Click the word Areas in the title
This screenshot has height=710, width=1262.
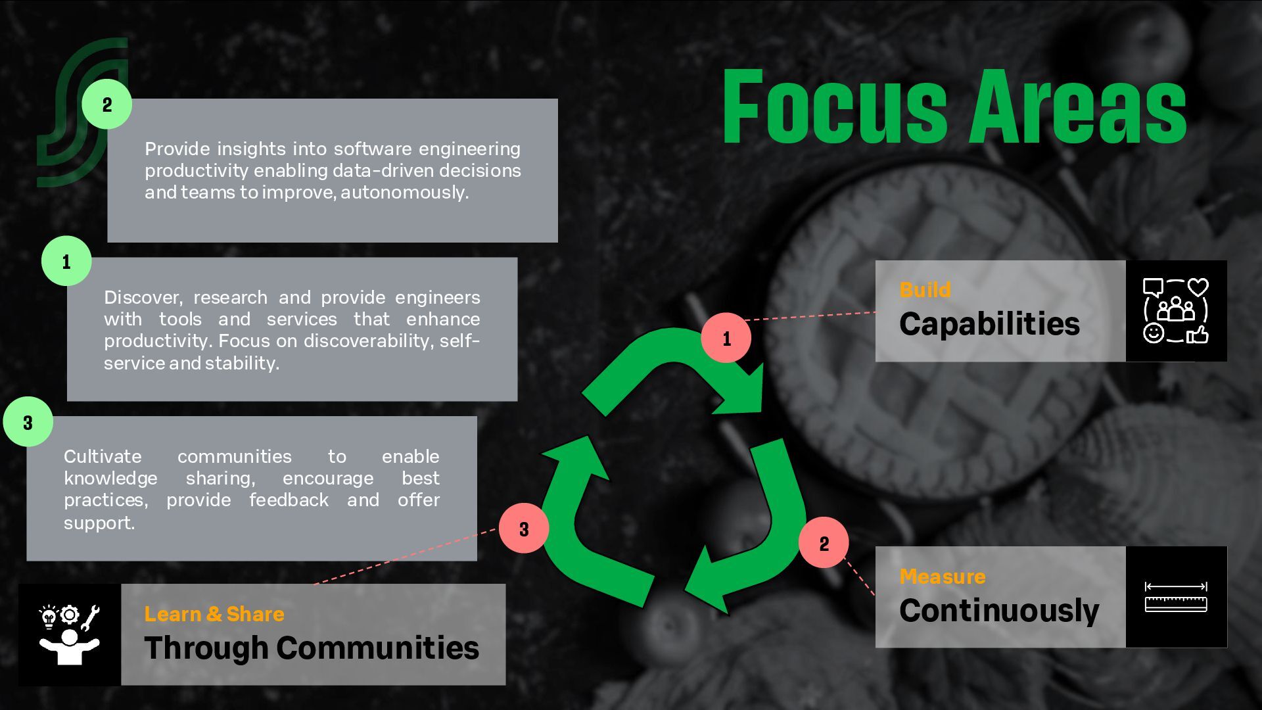tap(1079, 106)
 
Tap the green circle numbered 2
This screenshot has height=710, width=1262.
tap(107, 104)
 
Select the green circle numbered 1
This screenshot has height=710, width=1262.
tap(66, 262)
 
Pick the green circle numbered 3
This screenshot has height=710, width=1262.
tap(28, 422)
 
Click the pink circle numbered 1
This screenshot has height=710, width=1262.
tap(726, 338)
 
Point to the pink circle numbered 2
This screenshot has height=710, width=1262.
tap(824, 543)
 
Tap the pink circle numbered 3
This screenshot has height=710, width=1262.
tap(524, 529)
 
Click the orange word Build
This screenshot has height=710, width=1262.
tap(925, 290)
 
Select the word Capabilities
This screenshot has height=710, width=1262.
tap(989, 324)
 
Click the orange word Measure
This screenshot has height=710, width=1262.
tap(942, 577)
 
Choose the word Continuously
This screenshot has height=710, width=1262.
tap(998, 611)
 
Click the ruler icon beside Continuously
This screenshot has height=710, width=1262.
tap(1176, 597)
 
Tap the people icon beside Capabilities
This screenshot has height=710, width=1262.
tap(1176, 310)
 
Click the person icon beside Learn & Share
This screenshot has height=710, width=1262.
tap(70, 635)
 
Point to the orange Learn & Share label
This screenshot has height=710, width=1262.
tap(214, 614)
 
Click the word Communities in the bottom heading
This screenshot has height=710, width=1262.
tap(378, 648)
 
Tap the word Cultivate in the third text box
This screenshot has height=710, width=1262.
tap(103, 456)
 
